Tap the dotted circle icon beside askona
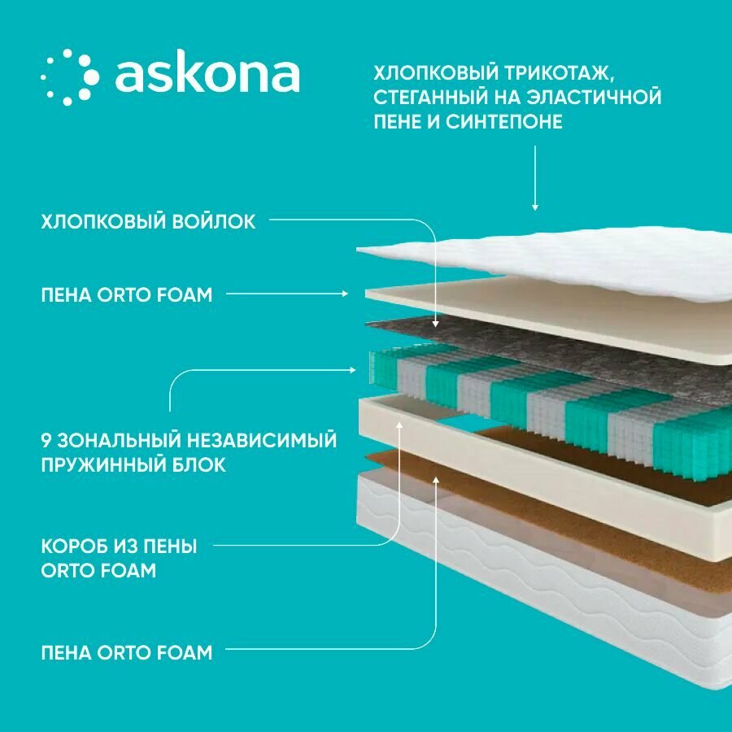(69, 77)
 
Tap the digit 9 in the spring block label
(46, 441)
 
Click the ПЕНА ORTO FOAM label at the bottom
(126, 651)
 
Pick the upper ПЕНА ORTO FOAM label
(126, 294)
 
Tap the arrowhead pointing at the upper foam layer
(345, 294)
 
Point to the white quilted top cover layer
(569, 260)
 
